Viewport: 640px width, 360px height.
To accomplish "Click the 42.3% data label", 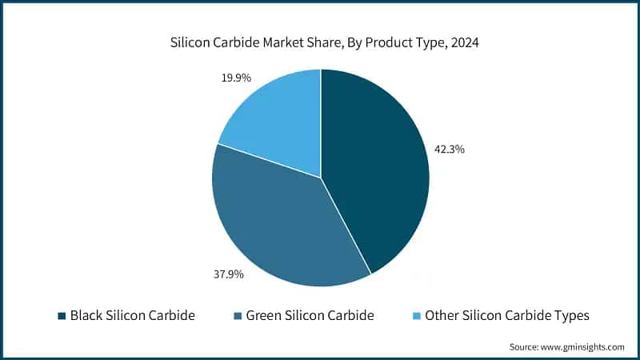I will pos(450,149).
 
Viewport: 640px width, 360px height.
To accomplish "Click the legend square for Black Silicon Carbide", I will pos(62,316).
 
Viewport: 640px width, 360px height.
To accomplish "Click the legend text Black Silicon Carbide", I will pos(133,315).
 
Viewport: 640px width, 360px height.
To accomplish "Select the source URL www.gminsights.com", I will pos(583,346).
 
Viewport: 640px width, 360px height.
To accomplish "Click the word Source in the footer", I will pos(525,346).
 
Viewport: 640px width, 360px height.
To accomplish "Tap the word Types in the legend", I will pos(571,315).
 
